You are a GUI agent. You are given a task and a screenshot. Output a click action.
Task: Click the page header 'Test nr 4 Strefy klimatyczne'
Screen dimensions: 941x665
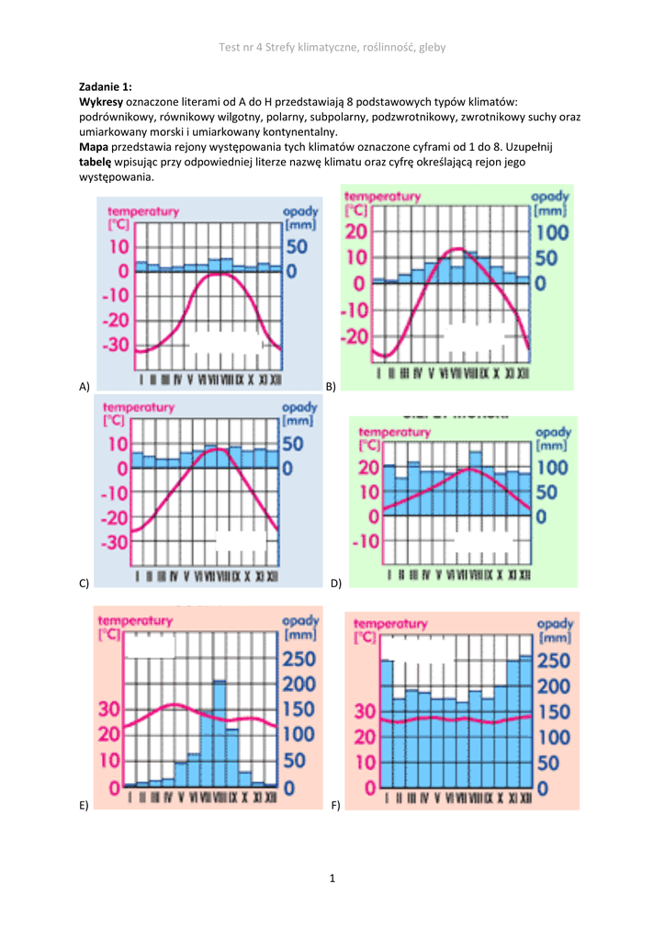(x=332, y=47)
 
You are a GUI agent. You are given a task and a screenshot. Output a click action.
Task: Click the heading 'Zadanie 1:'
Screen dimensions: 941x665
(x=106, y=86)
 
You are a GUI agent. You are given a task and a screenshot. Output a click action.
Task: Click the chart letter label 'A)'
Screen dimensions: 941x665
(x=84, y=386)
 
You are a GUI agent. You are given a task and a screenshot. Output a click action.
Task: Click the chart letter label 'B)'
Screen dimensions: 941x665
(x=332, y=387)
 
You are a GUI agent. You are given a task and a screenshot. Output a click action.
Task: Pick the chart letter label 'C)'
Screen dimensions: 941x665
(x=84, y=583)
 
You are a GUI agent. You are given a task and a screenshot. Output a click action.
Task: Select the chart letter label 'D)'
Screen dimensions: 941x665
(x=336, y=583)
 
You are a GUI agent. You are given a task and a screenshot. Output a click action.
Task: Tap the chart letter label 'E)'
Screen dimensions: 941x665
(x=84, y=805)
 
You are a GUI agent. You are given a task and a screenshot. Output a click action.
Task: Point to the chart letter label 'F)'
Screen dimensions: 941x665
(x=336, y=805)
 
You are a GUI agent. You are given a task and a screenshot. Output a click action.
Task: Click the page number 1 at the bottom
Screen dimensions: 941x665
(x=332, y=879)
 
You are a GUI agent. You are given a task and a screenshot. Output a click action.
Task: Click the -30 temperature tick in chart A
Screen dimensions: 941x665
(x=116, y=346)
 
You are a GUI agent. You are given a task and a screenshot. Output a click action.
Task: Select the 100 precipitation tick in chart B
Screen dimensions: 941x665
(x=551, y=234)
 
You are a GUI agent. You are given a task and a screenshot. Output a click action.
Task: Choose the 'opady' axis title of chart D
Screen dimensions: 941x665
(x=553, y=432)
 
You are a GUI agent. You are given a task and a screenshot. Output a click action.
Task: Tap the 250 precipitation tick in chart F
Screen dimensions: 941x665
(x=553, y=661)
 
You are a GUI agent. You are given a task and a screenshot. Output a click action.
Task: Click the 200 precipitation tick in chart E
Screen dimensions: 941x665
(x=300, y=684)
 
